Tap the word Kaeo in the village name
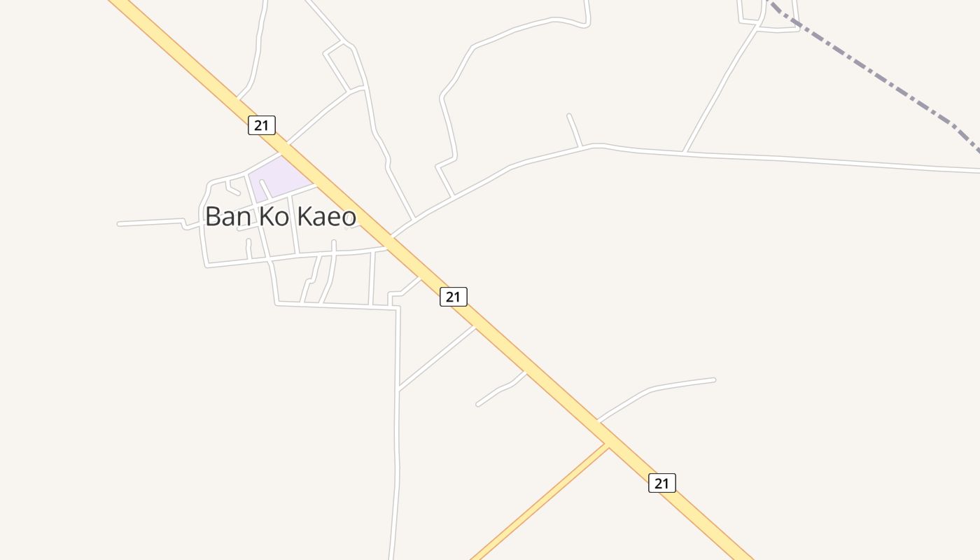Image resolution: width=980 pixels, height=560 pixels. [x=327, y=216]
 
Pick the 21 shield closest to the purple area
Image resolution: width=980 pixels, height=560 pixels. [x=262, y=125]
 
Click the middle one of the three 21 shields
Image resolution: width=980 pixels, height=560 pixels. [x=454, y=297]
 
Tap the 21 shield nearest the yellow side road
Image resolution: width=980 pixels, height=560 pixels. [x=662, y=482]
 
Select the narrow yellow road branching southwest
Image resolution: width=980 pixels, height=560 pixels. [x=539, y=503]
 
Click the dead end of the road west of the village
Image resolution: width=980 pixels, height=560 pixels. [x=120, y=224]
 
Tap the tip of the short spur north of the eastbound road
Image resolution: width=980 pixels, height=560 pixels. [x=568, y=115]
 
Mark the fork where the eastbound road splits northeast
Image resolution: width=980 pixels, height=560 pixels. [x=685, y=151]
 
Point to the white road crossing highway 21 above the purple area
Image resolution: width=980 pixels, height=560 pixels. [x=284, y=149]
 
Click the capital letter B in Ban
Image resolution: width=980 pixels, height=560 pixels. [x=213, y=216]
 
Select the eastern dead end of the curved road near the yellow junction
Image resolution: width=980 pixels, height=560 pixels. [x=713, y=380]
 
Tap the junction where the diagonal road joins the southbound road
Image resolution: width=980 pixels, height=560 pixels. [x=398, y=388]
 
